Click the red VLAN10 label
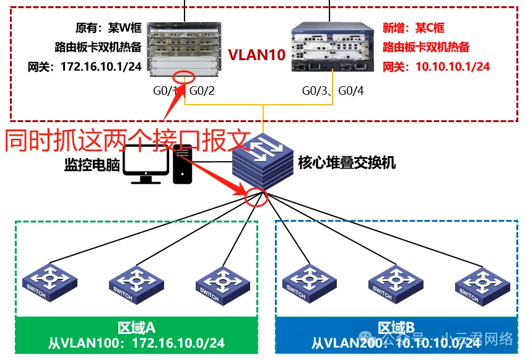point(257,55)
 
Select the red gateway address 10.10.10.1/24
point(437,66)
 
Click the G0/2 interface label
point(202,91)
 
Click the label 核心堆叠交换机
point(347,164)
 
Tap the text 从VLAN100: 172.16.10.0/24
point(136,343)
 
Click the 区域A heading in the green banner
point(136,327)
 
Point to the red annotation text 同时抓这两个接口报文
point(127,140)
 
